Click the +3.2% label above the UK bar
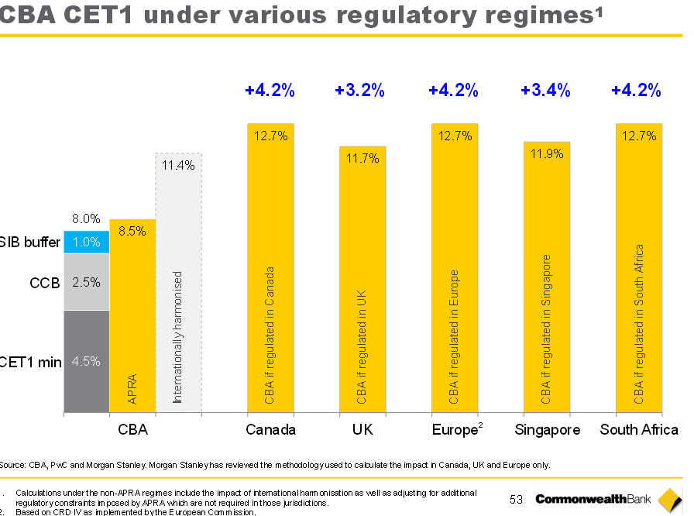[359, 91]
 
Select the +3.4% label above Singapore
[545, 91]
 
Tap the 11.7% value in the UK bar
[362, 159]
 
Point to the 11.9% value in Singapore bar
[547, 153]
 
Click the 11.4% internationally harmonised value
[178, 165]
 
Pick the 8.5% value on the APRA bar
[132, 231]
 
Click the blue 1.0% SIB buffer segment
[87, 243]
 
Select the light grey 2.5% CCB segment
[87, 282]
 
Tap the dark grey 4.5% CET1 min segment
[87, 361]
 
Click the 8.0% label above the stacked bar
[87, 219]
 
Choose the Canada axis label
[270, 430]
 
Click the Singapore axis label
[548, 430]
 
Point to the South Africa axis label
[639, 430]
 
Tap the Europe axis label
[454, 430]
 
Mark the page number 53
[517, 500]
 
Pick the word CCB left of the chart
[44, 283]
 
